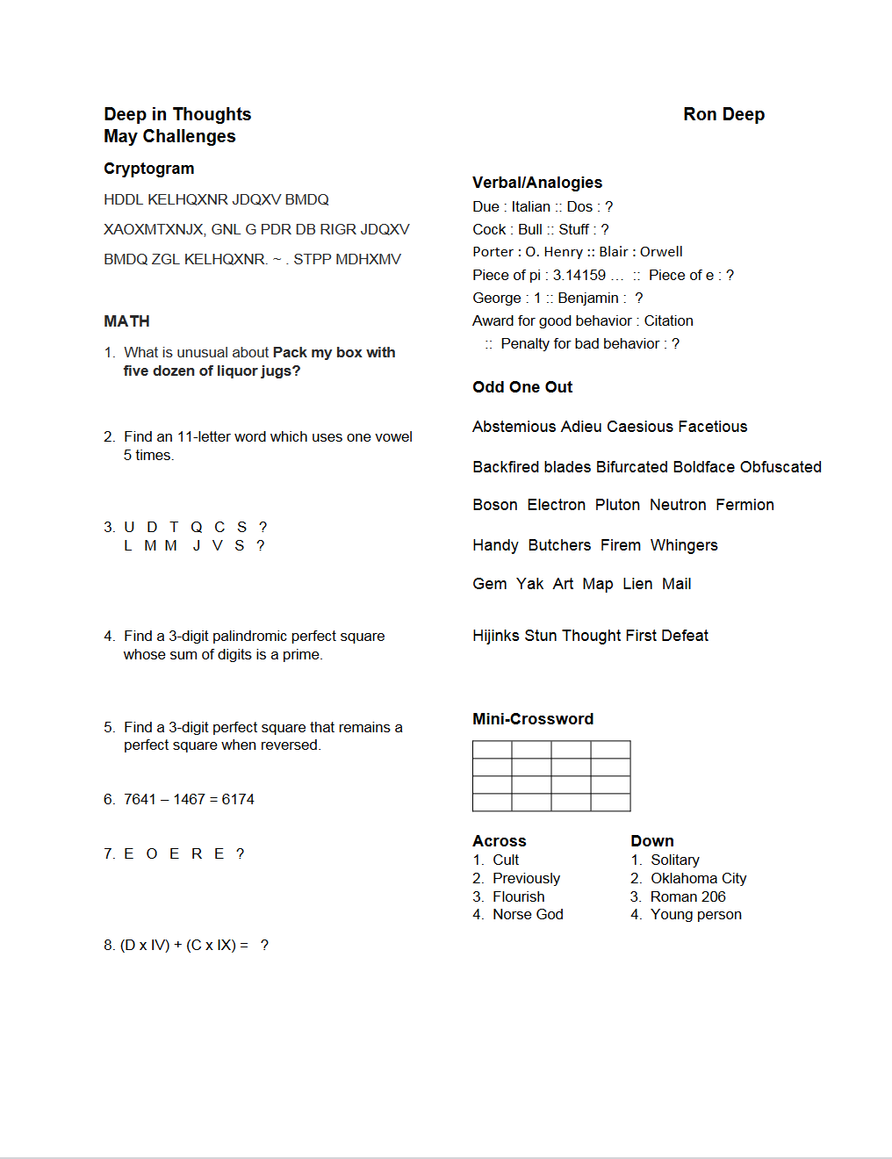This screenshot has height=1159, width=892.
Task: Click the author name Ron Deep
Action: tap(723, 114)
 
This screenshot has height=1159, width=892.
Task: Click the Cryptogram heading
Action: tap(148, 169)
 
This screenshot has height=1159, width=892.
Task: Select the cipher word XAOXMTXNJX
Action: tap(154, 229)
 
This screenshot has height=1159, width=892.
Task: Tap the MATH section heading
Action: tap(126, 321)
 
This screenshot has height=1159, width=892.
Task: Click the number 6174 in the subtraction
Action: tap(238, 799)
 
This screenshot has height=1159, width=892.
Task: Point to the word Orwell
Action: tap(661, 251)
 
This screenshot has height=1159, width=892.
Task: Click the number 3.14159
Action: tap(579, 275)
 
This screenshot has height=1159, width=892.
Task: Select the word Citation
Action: tap(668, 320)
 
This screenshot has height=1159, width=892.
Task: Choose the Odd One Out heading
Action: tap(522, 387)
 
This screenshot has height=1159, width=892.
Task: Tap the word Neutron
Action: tap(678, 505)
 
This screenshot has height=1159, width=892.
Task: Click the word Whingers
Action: tap(684, 545)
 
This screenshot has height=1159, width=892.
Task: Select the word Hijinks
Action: tap(495, 636)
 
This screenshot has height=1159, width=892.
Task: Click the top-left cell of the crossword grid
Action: tap(492, 749)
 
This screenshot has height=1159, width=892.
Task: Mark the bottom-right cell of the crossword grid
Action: tap(610, 802)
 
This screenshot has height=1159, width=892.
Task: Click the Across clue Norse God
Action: tap(528, 914)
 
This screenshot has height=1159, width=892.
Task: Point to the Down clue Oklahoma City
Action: tap(698, 878)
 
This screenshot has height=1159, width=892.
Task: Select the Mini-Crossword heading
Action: tap(532, 719)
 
